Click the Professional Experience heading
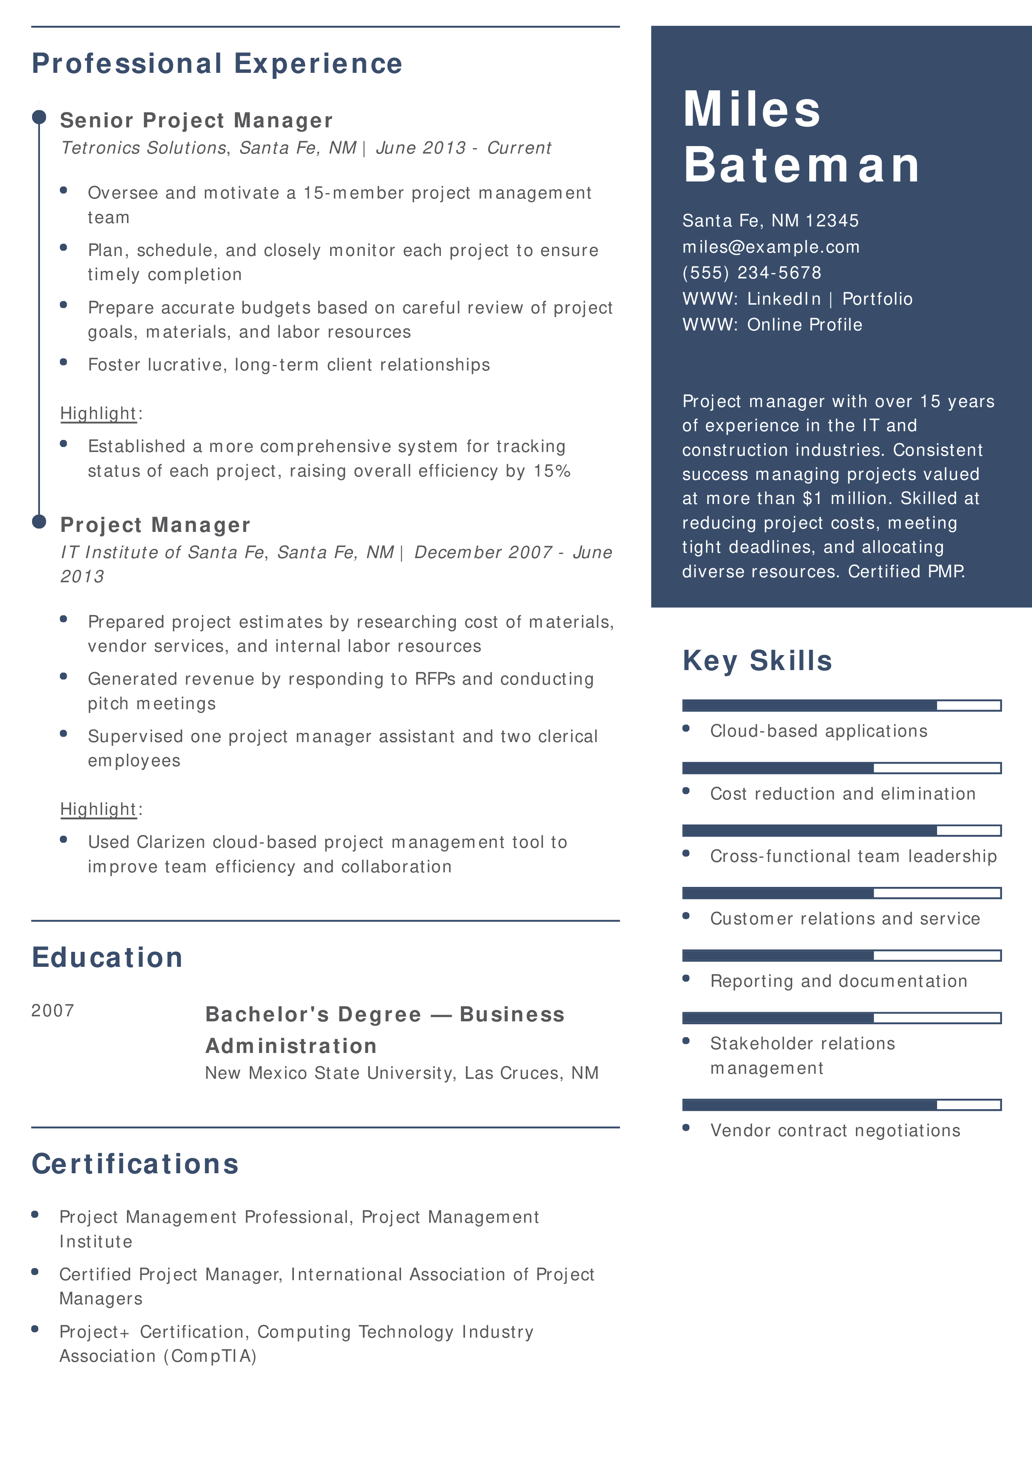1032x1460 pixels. click(217, 64)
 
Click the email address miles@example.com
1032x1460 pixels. click(771, 247)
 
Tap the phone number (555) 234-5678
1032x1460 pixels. click(751, 273)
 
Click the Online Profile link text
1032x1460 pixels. click(804, 325)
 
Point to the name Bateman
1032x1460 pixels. click(802, 165)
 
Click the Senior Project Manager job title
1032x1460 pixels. click(196, 120)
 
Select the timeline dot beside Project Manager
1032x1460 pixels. click(40, 521)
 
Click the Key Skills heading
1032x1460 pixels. click(757, 660)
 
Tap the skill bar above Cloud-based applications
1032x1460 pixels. click(841, 705)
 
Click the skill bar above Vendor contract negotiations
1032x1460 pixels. click(841, 1105)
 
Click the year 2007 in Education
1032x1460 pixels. click(53, 1011)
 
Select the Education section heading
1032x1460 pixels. click(107, 958)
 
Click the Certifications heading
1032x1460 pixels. click(135, 1165)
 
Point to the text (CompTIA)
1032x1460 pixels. click(210, 1356)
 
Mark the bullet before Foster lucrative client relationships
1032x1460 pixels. click(64, 362)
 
